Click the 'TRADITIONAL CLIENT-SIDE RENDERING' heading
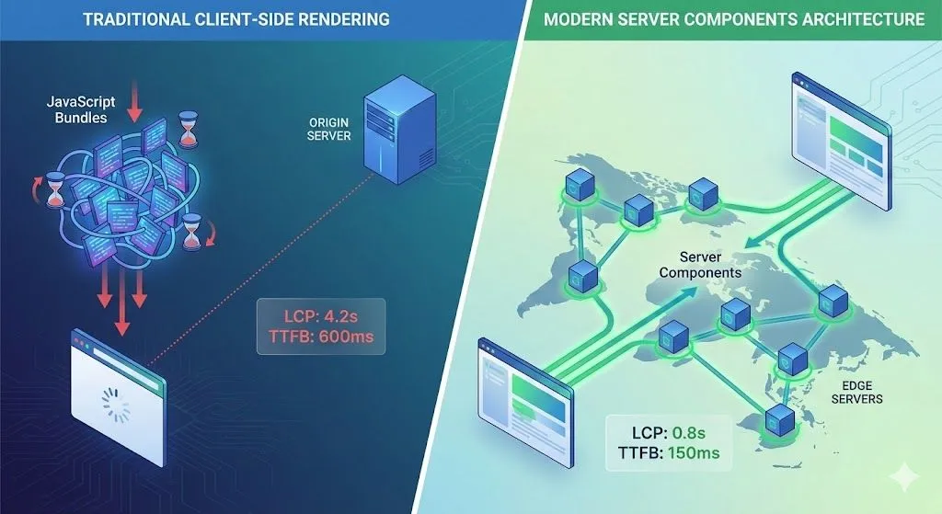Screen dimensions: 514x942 click(235, 18)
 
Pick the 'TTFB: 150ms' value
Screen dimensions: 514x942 click(670, 452)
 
